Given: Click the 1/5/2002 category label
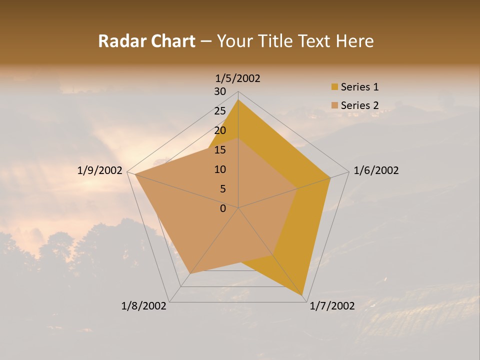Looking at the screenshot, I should click(238, 78).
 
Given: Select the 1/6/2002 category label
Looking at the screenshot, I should click(376, 170).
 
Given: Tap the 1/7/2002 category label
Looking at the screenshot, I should click(332, 306).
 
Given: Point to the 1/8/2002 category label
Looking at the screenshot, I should click(144, 306).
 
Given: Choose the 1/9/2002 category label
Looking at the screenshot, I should click(100, 170).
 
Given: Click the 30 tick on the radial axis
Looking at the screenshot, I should click(220, 91).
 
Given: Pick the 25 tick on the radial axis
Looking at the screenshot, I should click(220, 111).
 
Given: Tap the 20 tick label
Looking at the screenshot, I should click(220, 130).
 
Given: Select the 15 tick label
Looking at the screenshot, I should click(220, 150).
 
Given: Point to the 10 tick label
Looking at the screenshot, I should click(220, 169).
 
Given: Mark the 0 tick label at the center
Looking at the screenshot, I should click(223, 208).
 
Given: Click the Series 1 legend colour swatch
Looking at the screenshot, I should click(334, 87).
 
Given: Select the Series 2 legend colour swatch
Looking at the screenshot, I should click(334, 105).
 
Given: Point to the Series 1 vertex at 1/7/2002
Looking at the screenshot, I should click(302, 295).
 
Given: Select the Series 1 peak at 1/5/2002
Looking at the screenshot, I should click(238, 99).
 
